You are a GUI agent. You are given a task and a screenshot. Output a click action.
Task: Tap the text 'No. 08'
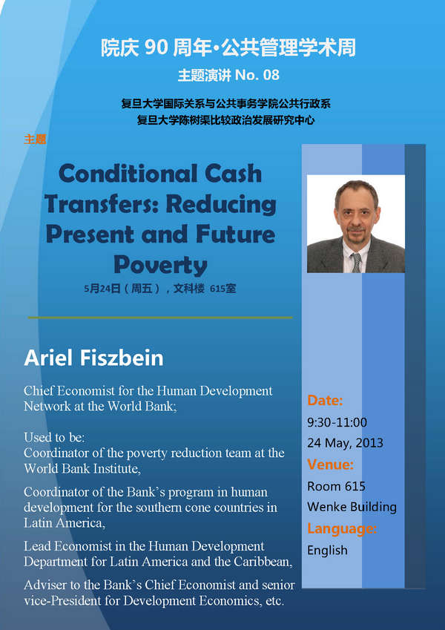click(257, 75)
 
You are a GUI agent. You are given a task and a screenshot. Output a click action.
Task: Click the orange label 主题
click(35, 140)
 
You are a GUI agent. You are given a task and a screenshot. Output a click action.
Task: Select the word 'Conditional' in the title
click(128, 174)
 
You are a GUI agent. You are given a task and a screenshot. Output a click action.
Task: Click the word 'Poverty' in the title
click(160, 266)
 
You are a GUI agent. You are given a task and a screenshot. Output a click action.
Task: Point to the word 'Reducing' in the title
click(221, 205)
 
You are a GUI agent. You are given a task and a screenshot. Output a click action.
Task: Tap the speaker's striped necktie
click(357, 263)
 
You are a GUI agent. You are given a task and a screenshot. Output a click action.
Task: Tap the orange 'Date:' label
click(325, 400)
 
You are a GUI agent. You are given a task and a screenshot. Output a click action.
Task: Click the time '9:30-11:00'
click(337, 422)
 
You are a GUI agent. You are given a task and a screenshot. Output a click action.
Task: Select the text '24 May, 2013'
click(346, 443)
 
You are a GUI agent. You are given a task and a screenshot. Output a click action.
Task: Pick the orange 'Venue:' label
click(331, 465)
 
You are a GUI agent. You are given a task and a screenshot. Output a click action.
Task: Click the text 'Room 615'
click(336, 486)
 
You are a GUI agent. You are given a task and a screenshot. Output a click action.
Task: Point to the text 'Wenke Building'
click(352, 507)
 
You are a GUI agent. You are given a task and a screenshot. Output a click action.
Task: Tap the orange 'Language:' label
click(342, 529)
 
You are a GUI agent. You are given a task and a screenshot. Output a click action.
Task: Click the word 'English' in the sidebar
click(327, 550)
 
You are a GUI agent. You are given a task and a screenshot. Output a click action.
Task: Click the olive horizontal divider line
click(160, 318)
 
